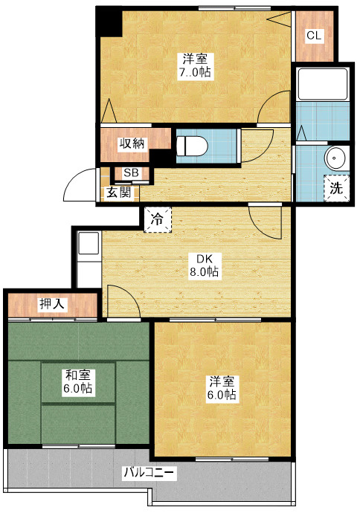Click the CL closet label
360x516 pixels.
click(314, 35)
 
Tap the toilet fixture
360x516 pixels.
click(192, 146)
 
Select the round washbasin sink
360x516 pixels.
click(336, 158)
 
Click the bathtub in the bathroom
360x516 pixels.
click(323, 84)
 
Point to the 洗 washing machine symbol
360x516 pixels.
click(337, 188)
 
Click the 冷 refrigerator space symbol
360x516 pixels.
click(158, 219)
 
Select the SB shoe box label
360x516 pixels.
click(132, 172)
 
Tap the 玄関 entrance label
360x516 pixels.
click(118, 192)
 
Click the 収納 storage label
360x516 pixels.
click(132, 143)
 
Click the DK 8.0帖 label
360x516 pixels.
click(204, 265)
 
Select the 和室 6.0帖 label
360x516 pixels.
click(77, 381)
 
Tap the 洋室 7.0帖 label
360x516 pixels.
click(195, 66)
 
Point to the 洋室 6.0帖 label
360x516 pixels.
click(222, 388)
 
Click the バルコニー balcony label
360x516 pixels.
click(149, 473)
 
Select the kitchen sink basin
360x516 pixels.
click(89, 243)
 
